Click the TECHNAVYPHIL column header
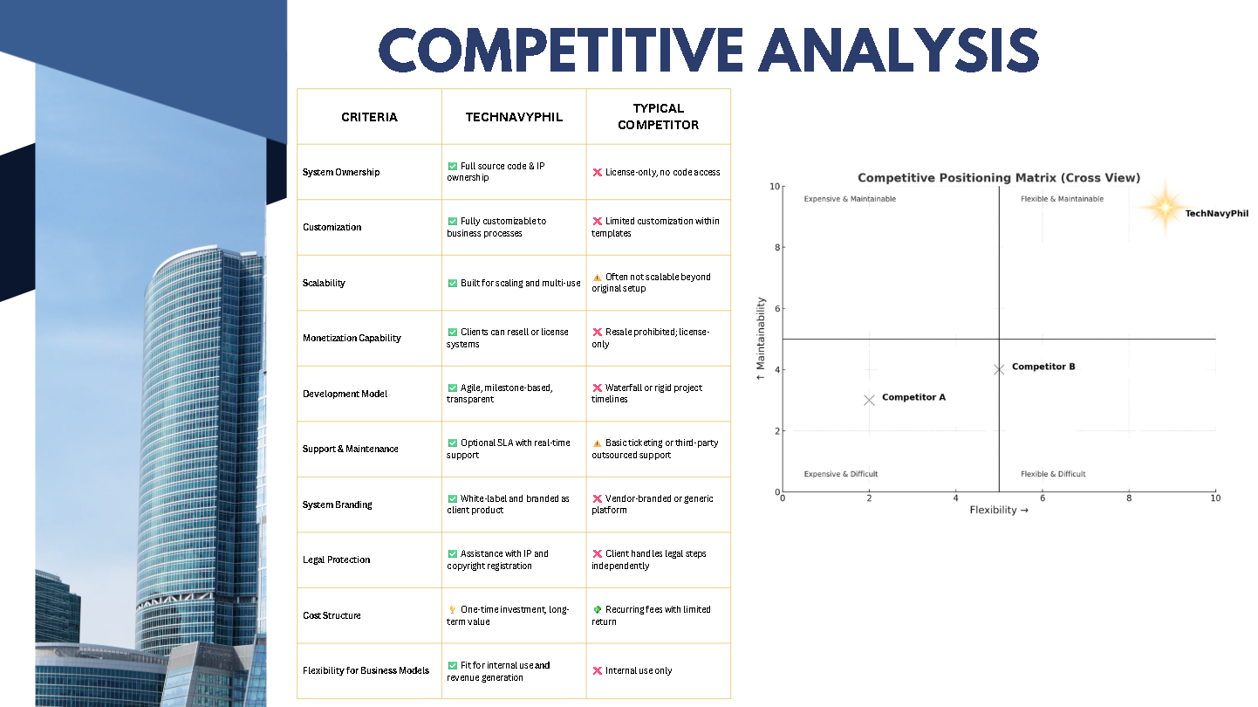tap(513, 117)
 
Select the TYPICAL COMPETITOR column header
tap(658, 117)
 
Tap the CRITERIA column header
tap(369, 117)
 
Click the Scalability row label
tap(325, 283)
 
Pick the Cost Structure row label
tap(332, 615)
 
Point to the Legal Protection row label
tap(337, 559)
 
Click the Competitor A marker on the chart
tap(869, 400)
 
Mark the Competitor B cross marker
tap(999, 369)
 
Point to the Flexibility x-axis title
tap(999, 511)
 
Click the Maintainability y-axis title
tap(761, 339)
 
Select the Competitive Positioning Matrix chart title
tap(998, 178)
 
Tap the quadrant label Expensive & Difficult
tap(841, 474)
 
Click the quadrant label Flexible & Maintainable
tap(1062, 199)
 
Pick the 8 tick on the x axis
tap(1129, 498)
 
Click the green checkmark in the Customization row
tap(452, 222)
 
